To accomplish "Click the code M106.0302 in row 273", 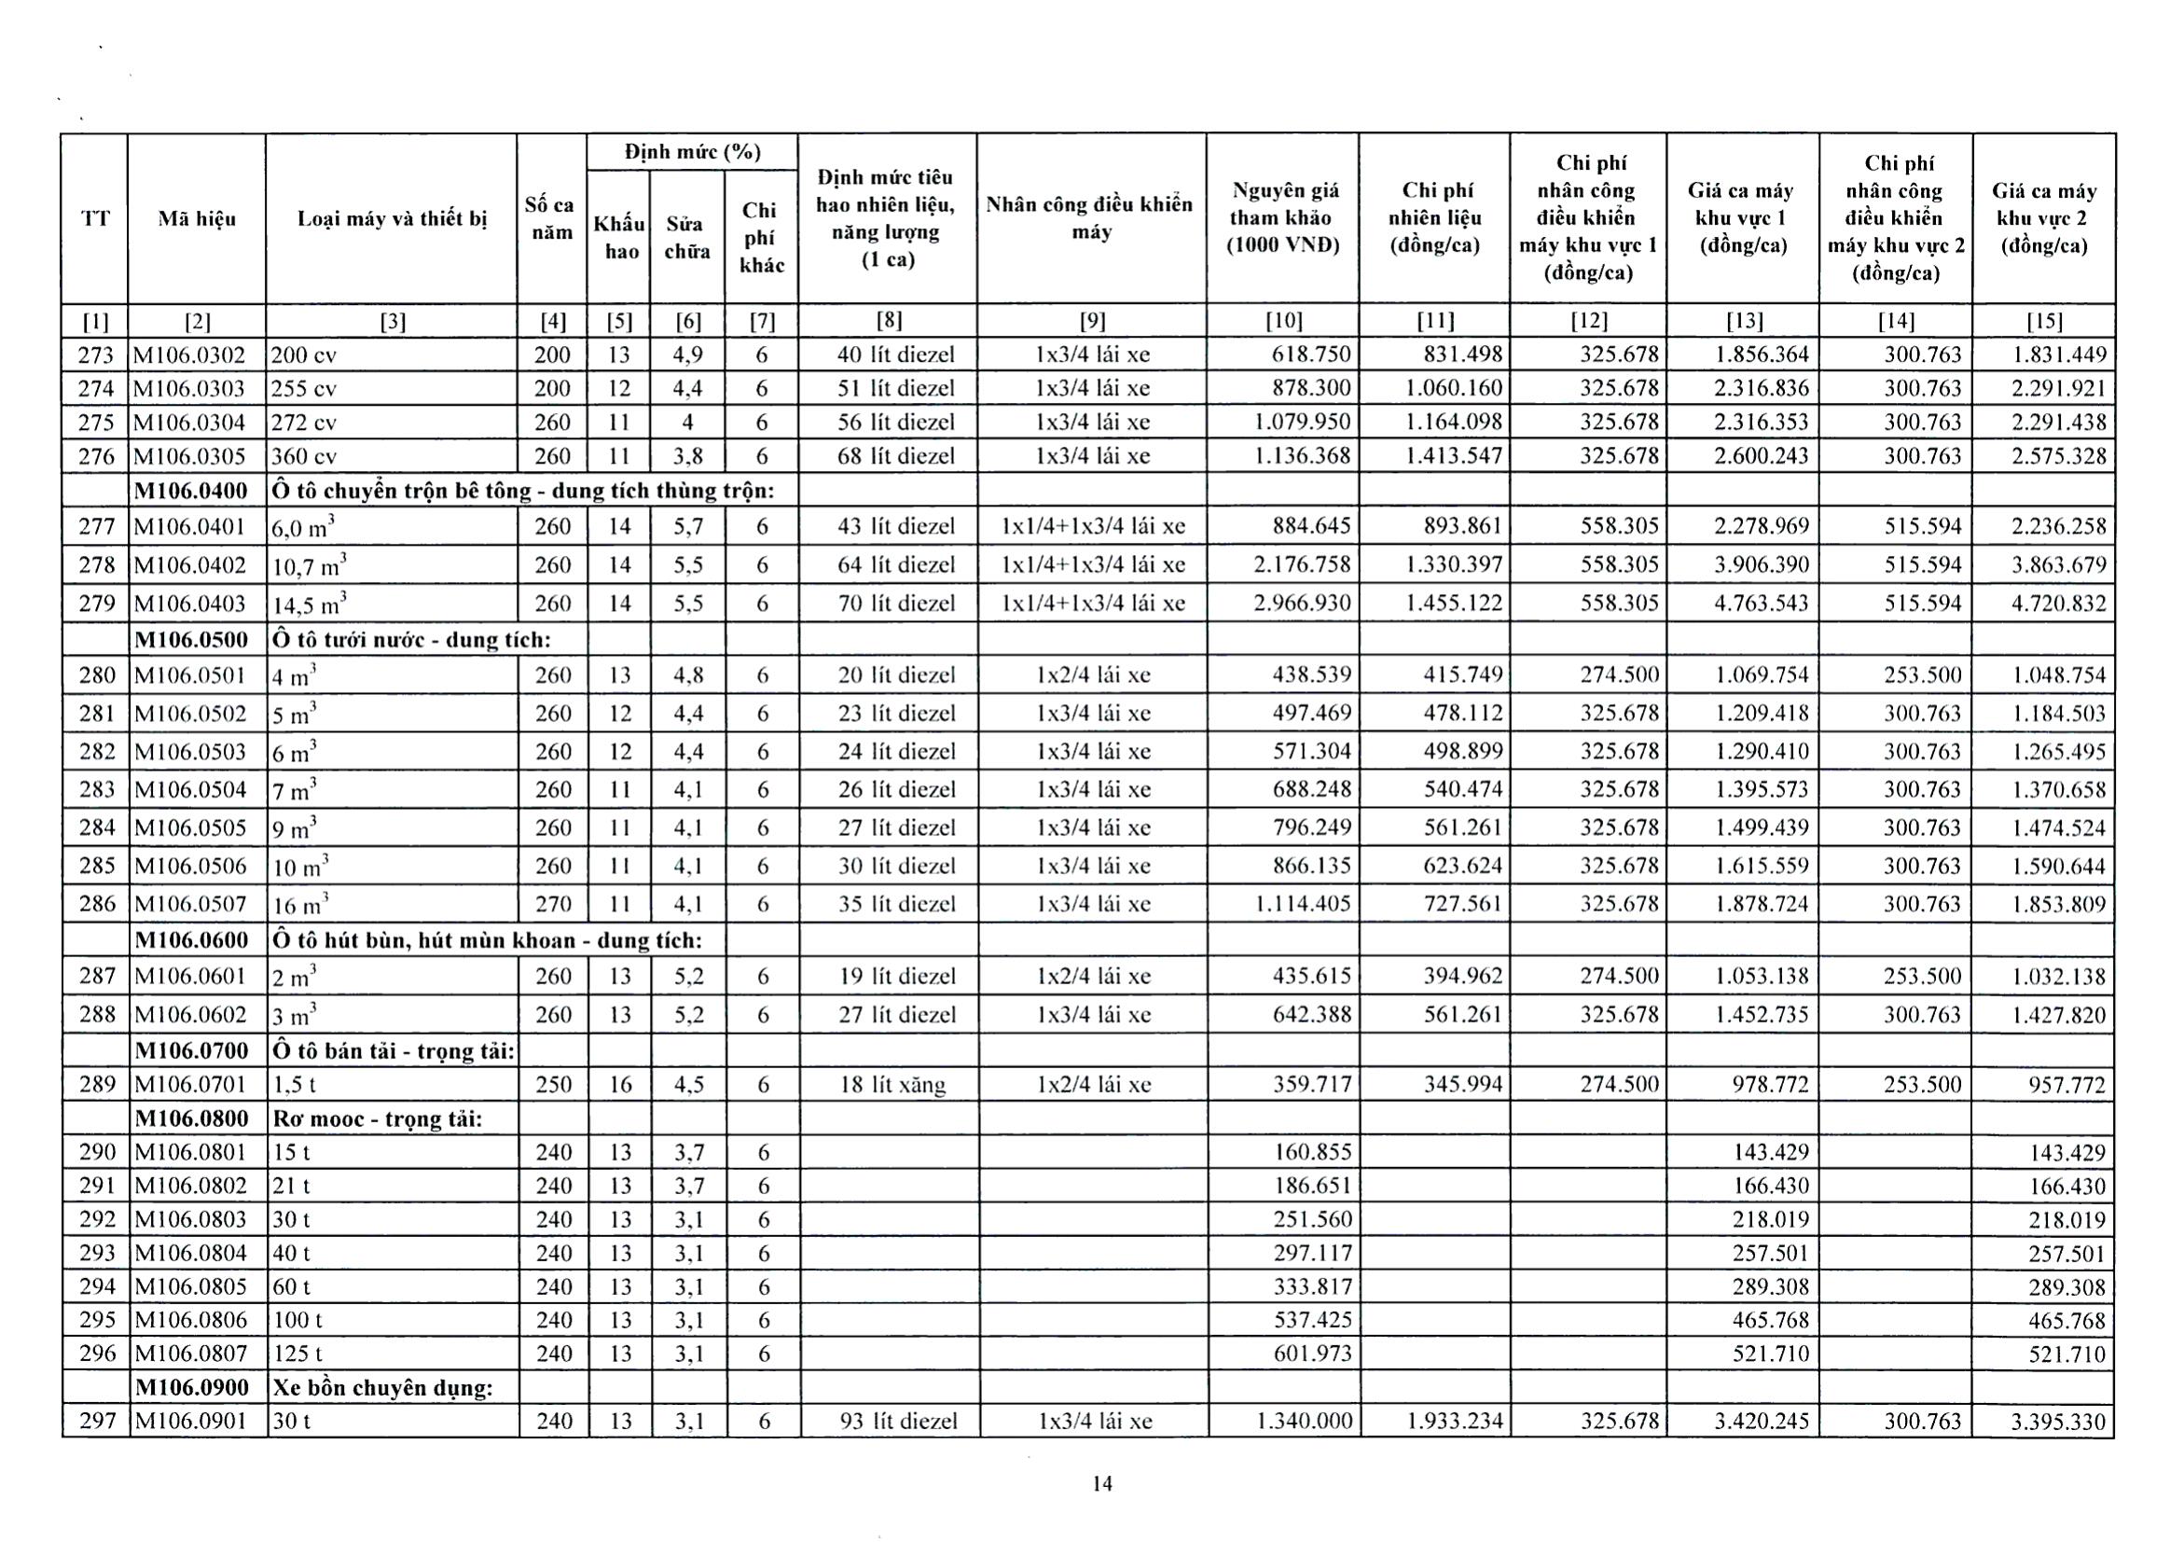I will click(190, 355).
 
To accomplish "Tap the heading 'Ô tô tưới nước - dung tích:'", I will click(411, 639).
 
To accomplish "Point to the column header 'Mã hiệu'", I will click(196, 219).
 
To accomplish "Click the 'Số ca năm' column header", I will click(550, 219).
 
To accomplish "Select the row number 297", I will click(97, 1421).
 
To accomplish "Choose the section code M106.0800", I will click(191, 1118).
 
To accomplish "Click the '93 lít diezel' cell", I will click(898, 1421).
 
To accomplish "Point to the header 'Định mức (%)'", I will click(692, 152).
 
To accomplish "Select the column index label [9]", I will click(1092, 322).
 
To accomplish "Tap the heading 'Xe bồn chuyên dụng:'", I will click(382, 1388).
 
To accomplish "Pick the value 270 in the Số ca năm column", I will click(552, 904).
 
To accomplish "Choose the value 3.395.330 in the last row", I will click(2058, 1421).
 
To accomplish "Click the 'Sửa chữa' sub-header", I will click(686, 238).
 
